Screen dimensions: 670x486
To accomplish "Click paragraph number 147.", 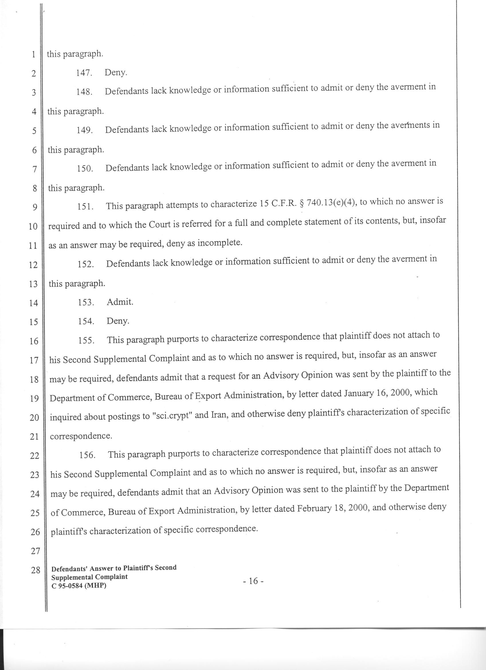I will coord(84,73).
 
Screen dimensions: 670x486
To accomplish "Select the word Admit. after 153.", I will coord(120,302).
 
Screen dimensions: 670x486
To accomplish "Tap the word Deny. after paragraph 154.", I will coord(118,321).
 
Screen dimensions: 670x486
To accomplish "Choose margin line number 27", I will coord(35,551).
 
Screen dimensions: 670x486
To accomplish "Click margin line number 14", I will coord(34,303).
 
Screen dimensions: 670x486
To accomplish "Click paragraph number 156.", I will coord(87,455).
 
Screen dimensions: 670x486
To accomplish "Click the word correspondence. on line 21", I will coord(81,436).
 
